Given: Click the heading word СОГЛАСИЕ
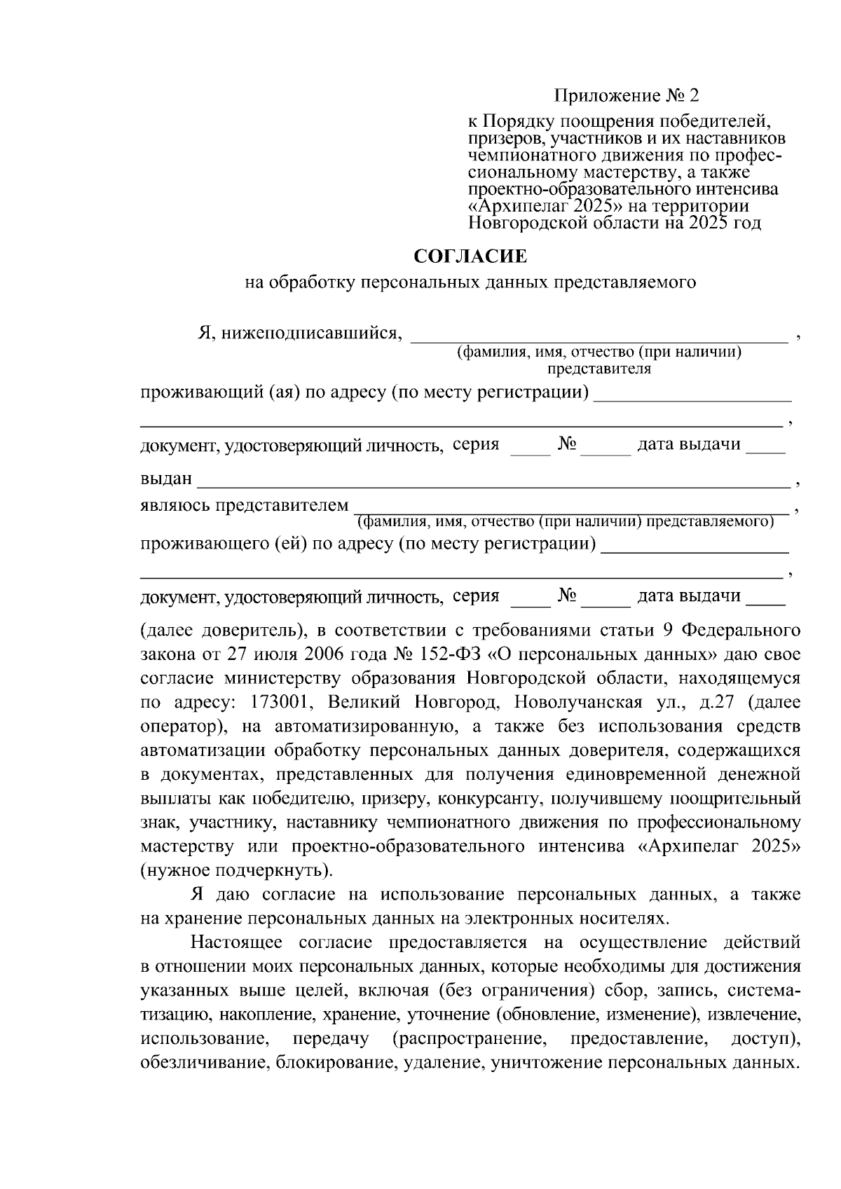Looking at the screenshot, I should (x=470, y=257).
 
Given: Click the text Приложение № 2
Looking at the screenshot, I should (x=627, y=95).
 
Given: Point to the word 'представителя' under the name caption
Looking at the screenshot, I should (x=599, y=369).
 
